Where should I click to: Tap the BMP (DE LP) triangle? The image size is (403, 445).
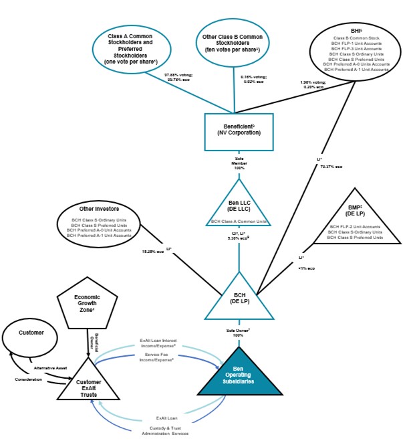pyautogui.click(x=355, y=221)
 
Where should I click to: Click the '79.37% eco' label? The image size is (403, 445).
pyautogui.click(x=327, y=166)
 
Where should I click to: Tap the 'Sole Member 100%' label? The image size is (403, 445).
pyautogui.click(x=239, y=163)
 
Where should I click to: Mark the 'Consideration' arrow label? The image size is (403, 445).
pyautogui.click(x=28, y=379)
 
